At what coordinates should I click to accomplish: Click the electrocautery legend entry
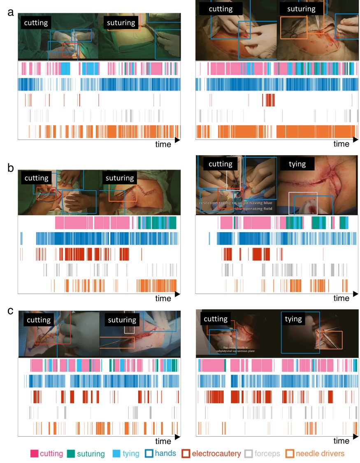pos(211,454)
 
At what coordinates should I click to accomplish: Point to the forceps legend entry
pos(262,454)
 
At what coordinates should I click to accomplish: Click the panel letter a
pos(11,12)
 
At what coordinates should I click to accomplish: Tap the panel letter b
pos(12,168)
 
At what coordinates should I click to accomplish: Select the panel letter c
pos(11,310)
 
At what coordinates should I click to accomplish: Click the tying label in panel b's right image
pos(297,164)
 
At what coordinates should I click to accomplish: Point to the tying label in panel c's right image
pos(293,319)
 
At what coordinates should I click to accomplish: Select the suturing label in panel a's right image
pos(301,9)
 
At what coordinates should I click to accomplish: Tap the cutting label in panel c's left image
pos(39,320)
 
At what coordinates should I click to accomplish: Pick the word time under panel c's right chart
pos(341,441)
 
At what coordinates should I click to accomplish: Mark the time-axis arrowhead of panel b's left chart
pos(178,295)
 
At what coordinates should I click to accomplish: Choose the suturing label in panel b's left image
pos(120,178)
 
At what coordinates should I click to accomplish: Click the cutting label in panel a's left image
pos(36,23)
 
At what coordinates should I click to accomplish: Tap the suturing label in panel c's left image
pos(122,320)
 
